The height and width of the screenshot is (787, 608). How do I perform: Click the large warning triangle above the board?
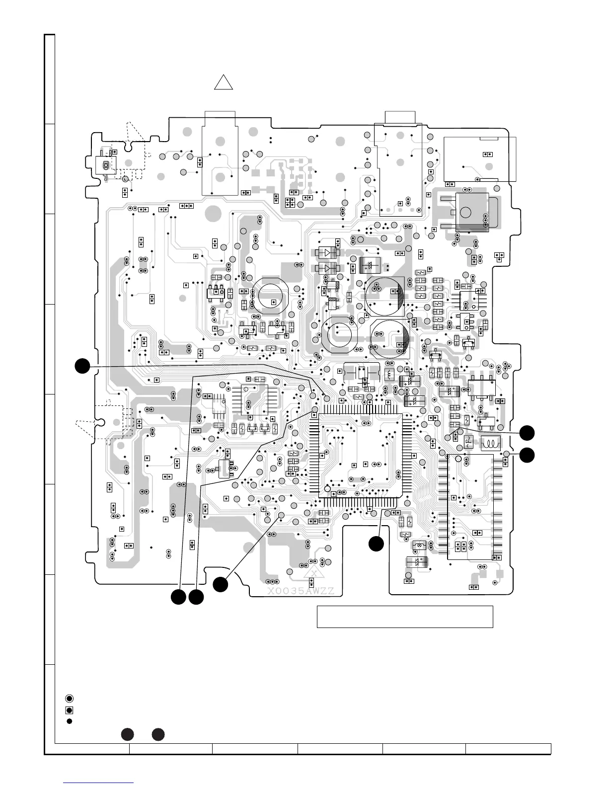(x=224, y=82)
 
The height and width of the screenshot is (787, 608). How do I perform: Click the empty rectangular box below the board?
(x=405, y=617)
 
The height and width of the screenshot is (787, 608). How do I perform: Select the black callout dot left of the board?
(x=82, y=366)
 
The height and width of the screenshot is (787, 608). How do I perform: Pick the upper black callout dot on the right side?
(x=528, y=433)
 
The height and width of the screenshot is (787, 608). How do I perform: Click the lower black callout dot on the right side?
(x=528, y=454)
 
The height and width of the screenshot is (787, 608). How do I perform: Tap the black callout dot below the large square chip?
(x=376, y=544)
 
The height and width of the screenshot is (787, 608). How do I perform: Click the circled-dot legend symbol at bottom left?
(x=70, y=698)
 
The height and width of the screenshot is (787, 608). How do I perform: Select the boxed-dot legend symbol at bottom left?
(x=70, y=710)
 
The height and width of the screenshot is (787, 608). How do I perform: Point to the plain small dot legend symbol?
(x=70, y=721)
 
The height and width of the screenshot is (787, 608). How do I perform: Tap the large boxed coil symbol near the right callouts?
(x=492, y=444)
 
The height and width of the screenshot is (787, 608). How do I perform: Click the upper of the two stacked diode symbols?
(x=328, y=252)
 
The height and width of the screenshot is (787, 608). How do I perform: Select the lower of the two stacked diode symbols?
(x=328, y=269)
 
